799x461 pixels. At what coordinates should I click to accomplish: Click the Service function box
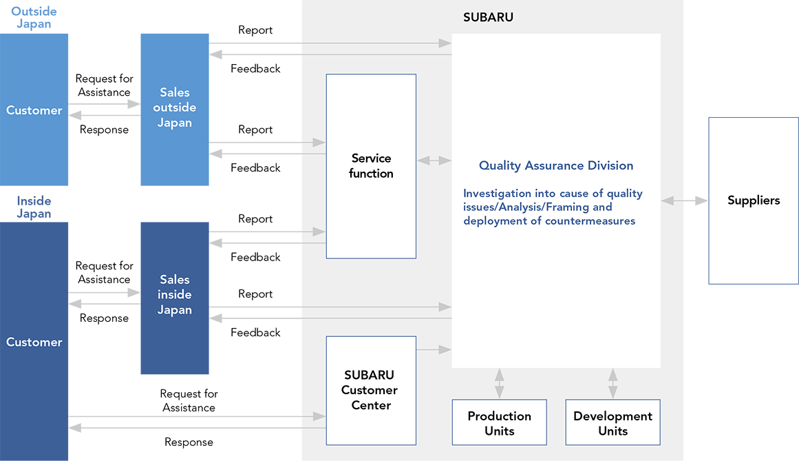(371, 166)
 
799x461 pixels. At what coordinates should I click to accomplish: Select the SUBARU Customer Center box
(371, 390)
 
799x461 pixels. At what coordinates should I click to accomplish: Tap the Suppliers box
(753, 201)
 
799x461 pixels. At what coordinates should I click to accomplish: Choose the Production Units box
(500, 422)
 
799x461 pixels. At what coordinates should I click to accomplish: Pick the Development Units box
(613, 422)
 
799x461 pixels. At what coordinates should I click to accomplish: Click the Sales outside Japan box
(175, 110)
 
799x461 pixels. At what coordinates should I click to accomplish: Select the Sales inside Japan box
(175, 298)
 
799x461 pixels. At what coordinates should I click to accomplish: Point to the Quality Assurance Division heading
(556, 166)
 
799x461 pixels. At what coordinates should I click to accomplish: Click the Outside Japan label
(34, 17)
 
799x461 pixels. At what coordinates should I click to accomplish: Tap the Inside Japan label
(34, 207)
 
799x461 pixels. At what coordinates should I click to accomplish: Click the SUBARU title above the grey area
(488, 17)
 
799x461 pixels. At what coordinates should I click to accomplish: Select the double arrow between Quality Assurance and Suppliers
(684, 201)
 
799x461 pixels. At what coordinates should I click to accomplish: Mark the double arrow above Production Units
(500, 384)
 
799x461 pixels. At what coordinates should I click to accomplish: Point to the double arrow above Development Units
(613, 384)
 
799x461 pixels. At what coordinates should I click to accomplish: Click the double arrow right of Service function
(434, 161)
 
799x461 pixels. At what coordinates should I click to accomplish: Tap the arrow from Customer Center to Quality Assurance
(434, 350)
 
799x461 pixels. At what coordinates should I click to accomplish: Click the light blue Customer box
(34, 110)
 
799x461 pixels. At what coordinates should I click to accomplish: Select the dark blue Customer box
(34, 341)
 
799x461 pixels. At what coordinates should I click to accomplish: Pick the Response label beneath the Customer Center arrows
(189, 442)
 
